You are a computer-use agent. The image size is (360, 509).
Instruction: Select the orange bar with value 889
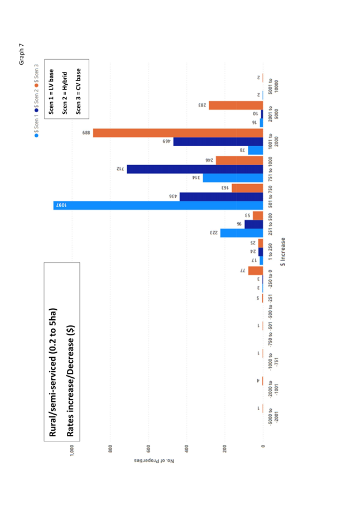[177, 133]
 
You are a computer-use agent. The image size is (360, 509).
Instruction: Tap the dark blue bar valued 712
[195, 169]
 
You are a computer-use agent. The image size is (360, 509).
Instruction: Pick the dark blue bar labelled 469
[218, 142]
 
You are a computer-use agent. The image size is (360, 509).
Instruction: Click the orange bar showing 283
[236, 105]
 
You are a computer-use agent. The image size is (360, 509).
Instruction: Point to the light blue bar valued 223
[242, 233]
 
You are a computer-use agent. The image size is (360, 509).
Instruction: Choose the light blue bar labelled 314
[233, 178]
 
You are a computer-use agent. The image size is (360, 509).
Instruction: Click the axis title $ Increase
[284, 252]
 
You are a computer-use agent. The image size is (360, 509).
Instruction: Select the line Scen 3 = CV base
[78, 91]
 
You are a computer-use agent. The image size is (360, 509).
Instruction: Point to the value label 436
[173, 196]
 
